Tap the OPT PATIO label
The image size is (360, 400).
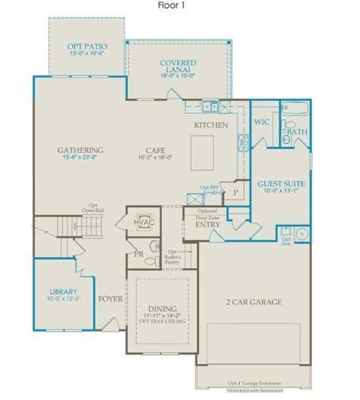click(87, 47)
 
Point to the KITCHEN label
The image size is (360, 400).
click(211, 125)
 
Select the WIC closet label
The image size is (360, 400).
click(261, 123)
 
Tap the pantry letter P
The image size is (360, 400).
click(235, 193)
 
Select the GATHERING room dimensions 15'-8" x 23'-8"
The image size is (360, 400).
click(80, 158)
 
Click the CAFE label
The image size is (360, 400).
click(156, 150)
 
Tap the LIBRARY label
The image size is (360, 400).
click(64, 291)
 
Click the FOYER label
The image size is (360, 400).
click(110, 299)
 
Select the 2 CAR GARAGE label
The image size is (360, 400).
click(253, 302)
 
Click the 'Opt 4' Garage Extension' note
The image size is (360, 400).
click(253, 384)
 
